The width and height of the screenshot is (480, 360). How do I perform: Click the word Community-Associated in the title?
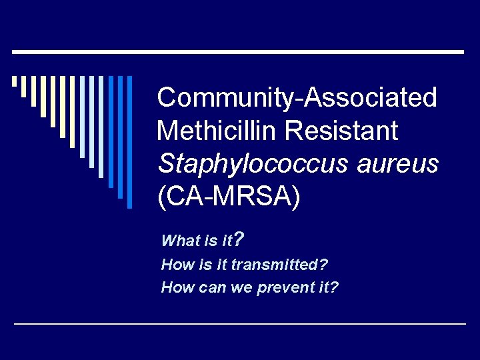coord(297,98)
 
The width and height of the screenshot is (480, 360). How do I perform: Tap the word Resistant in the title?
coord(341,130)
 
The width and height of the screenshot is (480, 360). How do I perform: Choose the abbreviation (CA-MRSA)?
coord(229,196)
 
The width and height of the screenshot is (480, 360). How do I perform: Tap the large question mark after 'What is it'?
coord(239,238)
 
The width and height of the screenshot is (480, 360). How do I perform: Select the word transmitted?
coord(279,265)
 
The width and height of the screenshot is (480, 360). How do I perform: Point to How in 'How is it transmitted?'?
coord(176,265)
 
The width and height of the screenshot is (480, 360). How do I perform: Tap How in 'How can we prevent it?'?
coord(176,288)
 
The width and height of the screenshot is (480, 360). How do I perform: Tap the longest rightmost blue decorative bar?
coord(129,142)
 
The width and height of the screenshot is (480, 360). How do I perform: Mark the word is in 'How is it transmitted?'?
coord(205,265)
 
